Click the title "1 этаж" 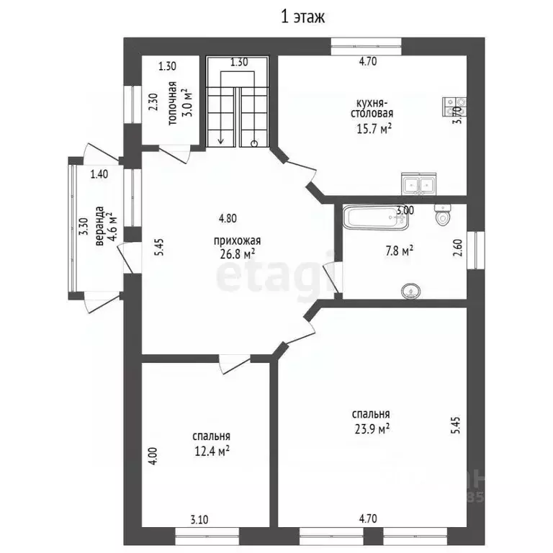click(x=302, y=17)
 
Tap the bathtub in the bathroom click(x=376, y=217)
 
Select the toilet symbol click(x=442, y=215)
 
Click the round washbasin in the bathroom click(x=410, y=292)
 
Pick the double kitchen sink click(x=418, y=184)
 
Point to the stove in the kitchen click(x=455, y=107)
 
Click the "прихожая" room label click(x=237, y=241)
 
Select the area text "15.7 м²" click(x=374, y=129)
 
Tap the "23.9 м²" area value click(x=372, y=429)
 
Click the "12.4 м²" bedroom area click(x=212, y=451)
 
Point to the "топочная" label click(x=172, y=104)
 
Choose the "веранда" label click(x=100, y=225)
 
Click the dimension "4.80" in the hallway click(x=228, y=218)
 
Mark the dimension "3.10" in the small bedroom click(x=199, y=519)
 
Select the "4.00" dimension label click(x=153, y=456)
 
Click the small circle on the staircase click(x=254, y=143)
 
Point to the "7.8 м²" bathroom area click(x=399, y=251)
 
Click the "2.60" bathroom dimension click(x=457, y=248)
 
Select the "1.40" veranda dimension click(x=99, y=174)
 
